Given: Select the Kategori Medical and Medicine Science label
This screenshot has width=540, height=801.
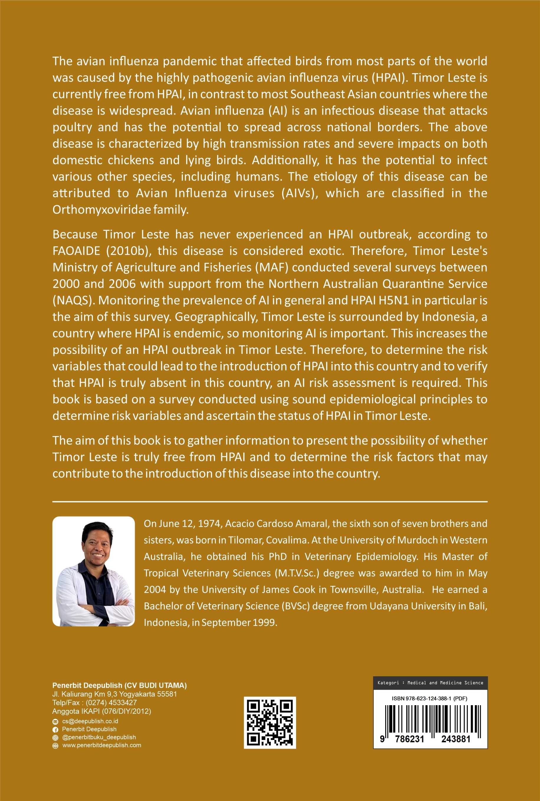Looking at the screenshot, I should pyautogui.click(x=430, y=682).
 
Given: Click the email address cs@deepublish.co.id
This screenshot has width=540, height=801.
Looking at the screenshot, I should pyautogui.click(x=90, y=721).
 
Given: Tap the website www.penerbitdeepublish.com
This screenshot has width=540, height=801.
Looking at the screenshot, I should pyautogui.click(x=101, y=745).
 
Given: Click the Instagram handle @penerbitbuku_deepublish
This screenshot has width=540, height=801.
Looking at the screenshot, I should pyautogui.click(x=99, y=737).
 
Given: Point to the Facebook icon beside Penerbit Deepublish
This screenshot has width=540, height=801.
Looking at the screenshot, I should pyautogui.click(x=55, y=729).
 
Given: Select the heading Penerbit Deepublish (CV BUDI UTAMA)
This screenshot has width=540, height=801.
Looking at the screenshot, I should pyautogui.click(x=119, y=685).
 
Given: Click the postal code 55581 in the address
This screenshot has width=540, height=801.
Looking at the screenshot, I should pyautogui.click(x=167, y=694).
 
